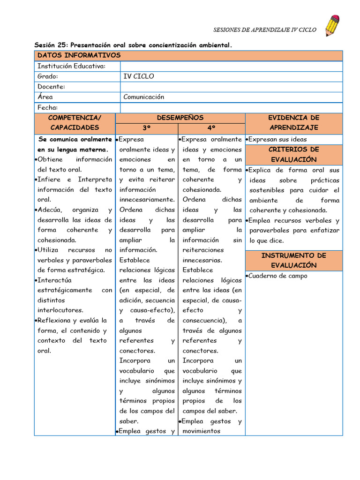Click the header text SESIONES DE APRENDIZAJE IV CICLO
(x=265, y=30)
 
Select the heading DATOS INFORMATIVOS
(x=79, y=56)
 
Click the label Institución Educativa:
(x=71, y=66)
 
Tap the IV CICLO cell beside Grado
(x=138, y=76)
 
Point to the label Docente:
(x=51, y=87)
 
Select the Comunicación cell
(x=143, y=97)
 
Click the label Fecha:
(x=48, y=107)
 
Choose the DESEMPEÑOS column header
(x=180, y=118)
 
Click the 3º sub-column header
(x=146, y=127)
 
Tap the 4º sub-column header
(x=211, y=127)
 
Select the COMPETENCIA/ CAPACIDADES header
(x=75, y=122)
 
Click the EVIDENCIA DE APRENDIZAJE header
(x=293, y=122)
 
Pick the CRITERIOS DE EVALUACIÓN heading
(x=293, y=154)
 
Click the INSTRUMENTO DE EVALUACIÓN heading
(x=293, y=260)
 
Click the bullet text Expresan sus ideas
(x=277, y=139)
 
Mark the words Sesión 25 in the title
(x=51, y=45)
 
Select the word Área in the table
(x=45, y=97)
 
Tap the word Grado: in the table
(x=48, y=76)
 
